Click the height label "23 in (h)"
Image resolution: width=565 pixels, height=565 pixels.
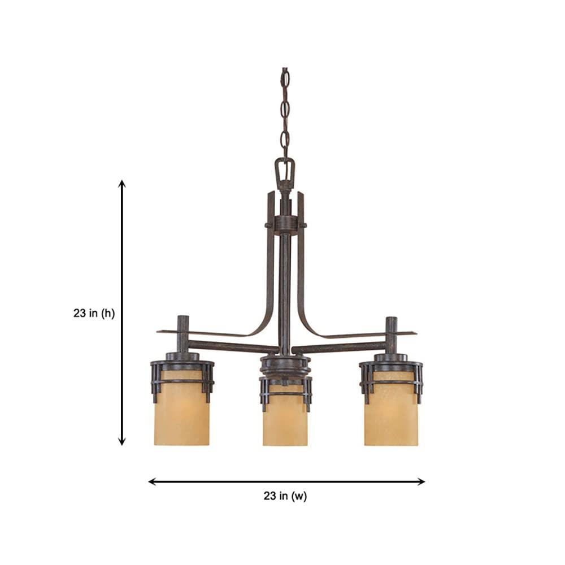(x=94, y=314)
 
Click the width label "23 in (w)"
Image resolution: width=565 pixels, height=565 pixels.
(x=285, y=497)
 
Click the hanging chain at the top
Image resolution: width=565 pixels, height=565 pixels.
(x=285, y=113)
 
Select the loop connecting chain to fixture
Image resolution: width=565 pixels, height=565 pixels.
(x=285, y=169)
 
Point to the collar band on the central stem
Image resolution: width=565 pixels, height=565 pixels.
(x=285, y=224)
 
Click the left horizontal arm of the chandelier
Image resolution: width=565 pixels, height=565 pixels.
(x=232, y=346)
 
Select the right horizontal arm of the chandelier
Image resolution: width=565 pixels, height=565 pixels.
(x=339, y=346)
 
